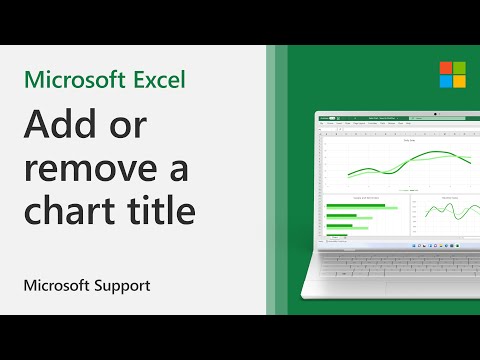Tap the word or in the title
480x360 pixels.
click(148, 130)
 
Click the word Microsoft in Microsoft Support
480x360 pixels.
click(56, 285)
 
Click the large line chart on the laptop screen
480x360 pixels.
click(395, 159)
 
